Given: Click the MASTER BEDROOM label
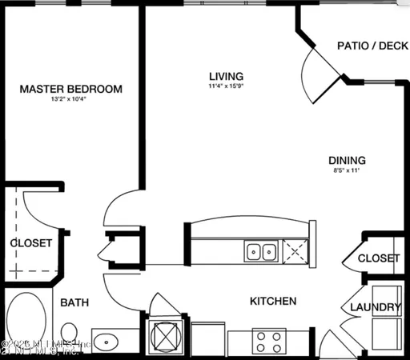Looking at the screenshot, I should [x=71, y=89].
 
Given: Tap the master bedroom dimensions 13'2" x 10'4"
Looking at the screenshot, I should [x=70, y=100].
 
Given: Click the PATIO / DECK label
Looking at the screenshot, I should [x=371, y=46].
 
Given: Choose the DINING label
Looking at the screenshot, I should [x=347, y=160].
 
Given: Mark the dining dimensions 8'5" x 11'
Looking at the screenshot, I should [x=347, y=170].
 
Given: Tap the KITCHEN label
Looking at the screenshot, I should [x=273, y=302].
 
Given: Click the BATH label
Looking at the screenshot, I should [x=74, y=302].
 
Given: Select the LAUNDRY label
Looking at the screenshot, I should [x=375, y=307].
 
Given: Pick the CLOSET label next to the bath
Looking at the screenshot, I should [x=31, y=242].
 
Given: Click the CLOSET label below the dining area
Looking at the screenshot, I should [x=378, y=258].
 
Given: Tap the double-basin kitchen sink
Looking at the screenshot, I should [x=261, y=253].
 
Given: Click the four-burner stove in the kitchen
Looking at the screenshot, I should [x=268, y=342].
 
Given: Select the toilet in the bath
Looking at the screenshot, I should [x=70, y=333].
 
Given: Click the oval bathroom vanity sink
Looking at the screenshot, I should [x=108, y=342].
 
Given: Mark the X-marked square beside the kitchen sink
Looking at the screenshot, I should [x=295, y=253].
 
